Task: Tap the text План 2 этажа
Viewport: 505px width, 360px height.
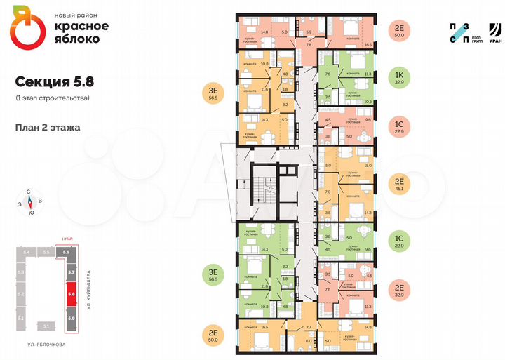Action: (47, 128)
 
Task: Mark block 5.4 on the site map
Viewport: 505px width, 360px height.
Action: (25, 251)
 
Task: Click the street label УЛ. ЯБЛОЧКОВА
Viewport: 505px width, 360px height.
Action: (46, 345)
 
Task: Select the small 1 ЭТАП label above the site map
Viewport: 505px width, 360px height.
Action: (67, 241)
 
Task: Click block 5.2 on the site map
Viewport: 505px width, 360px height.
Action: (22, 295)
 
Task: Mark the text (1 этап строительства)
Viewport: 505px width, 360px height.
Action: (52, 98)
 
